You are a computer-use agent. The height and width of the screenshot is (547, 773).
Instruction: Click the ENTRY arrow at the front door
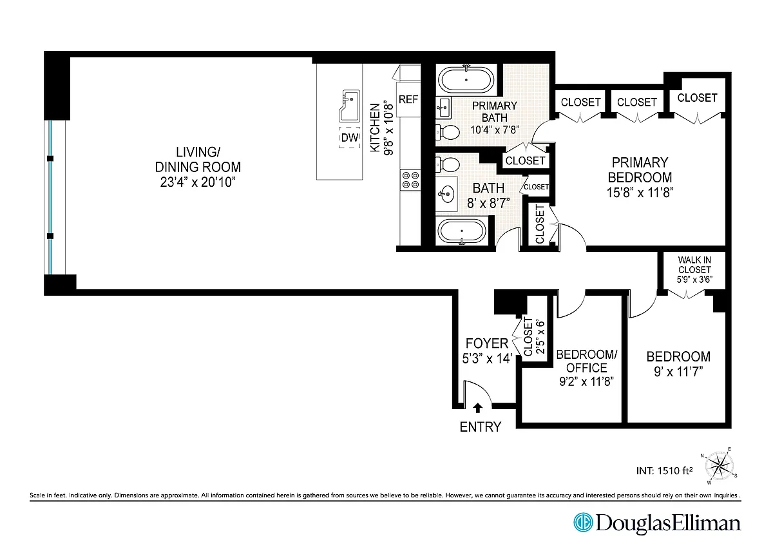[x=477, y=408]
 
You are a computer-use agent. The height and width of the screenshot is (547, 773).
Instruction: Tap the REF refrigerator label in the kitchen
[x=408, y=100]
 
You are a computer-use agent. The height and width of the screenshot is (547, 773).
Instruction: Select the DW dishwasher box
[x=350, y=138]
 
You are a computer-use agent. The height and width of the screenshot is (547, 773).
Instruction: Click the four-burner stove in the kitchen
[x=410, y=180]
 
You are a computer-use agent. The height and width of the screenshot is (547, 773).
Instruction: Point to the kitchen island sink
[x=350, y=106]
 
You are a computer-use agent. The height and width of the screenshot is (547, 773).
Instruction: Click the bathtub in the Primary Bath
[x=466, y=79]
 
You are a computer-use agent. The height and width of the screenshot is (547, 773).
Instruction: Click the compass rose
[x=719, y=466]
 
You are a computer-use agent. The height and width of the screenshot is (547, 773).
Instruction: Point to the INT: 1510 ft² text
[x=664, y=471]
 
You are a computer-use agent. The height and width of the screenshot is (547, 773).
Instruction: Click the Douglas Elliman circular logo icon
[x=583, y=522]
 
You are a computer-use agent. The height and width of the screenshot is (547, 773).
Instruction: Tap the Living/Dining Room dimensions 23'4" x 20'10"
[x=198, y=182]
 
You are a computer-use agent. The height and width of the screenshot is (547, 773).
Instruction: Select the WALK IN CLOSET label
[x=694, y=265]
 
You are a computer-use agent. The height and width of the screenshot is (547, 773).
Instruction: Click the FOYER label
[x=486, y=344]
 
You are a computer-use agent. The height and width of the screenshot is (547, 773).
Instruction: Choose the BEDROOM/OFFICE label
[x=586, y=361]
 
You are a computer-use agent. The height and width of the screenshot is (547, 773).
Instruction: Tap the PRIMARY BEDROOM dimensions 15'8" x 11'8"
[x=640, y=193]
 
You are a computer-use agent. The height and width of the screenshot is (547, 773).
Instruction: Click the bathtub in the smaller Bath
[x=462, y=231]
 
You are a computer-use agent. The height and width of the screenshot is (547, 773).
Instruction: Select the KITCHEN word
[x=375, y=128]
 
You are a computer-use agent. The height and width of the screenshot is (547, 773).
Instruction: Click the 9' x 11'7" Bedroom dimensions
[x=678, y=372]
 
